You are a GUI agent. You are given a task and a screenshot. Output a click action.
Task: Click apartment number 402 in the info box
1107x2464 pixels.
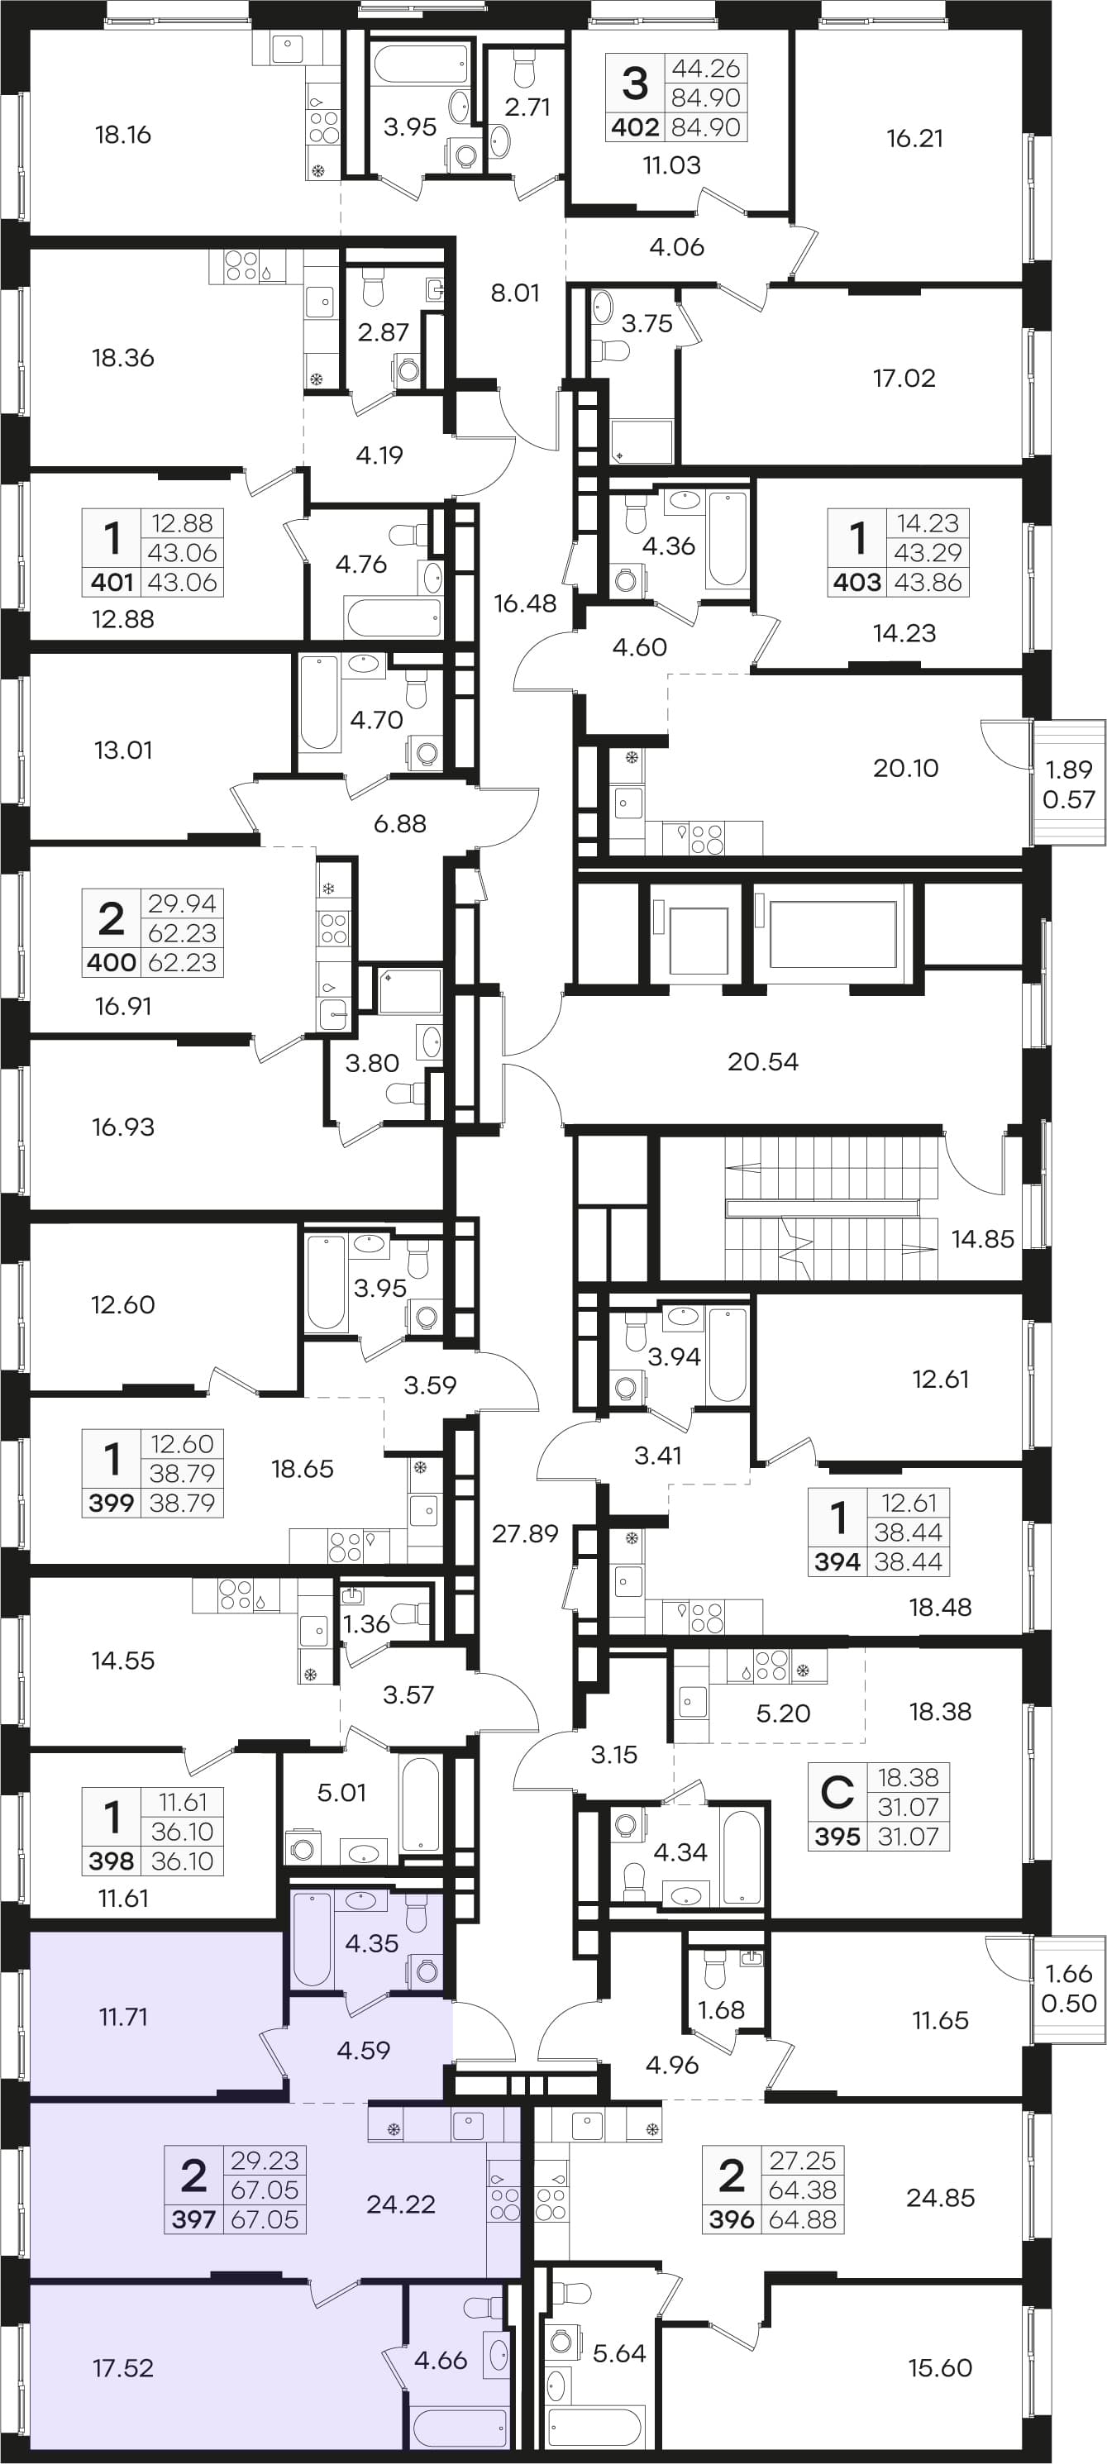pyautogui.click(x=634, y=127)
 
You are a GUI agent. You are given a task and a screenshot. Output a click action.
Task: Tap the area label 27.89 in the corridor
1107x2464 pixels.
pyautogui.click(x=524, y=1533)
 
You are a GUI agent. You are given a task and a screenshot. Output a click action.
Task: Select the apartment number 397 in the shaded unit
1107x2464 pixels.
pyautogui.click(x=194, y=2219)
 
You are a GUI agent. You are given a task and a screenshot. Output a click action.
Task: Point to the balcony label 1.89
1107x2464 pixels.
pyautogui.click(x=1068, y=768)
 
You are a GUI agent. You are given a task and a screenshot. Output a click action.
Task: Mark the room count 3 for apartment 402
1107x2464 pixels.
pyautogui.click(x=635, y=83)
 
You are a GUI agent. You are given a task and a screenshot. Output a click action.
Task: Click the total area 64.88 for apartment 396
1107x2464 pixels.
pyautogui.click(x=803, y=2219)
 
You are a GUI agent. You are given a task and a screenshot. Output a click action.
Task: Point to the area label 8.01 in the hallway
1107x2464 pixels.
pyautogui.click(x=515, y=293)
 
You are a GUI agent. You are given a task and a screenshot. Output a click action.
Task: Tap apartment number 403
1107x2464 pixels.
pyautogui.click(x=857, y=582)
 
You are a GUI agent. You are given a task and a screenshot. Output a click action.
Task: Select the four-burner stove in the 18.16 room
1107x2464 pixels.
pyautogui.click(x=324, y=127)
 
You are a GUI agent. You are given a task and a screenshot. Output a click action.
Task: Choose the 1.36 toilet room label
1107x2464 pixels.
pyautogui.click(x=366, y=1623)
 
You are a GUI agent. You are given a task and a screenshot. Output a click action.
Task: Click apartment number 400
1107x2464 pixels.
pyautogui.click(x=111, y=961)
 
